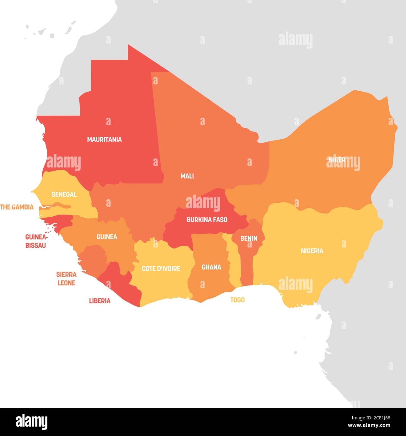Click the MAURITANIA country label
pyautogui.click(x=104, y=140)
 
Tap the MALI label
pyautogui.click(x=187, y=176)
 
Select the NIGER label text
pyautogui.click(x=337, y=160)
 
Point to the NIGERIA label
pyautogui.click(x=312, y=251)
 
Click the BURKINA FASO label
pyautogui.click(x=207, y=220)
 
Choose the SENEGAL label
pyautogui.click(x=64, y=194)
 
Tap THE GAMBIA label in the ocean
pyautogui.click(x=17, y=207)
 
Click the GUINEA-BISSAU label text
pyautogui.click(x=36, y=241)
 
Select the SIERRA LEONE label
pyautogui.click(x=66, y=279)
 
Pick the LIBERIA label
pyautogui.click(x=100, y=301)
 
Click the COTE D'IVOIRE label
pyautogui.click(x=161, y=269)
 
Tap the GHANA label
pyautogui.click(x=211, y=267)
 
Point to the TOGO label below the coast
pyautogui.click(x=237, y=300)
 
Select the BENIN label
pyautogui.click(x=248, y=238)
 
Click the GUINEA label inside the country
pyautogui.click(x=107, y=237)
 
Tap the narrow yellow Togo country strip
pyautogui.click(x=233, y=267)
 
